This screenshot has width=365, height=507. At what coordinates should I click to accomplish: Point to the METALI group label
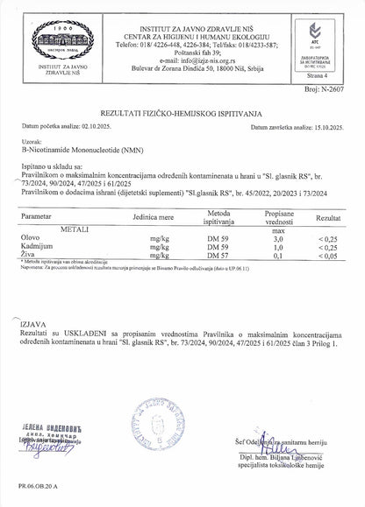coord(76,228)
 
